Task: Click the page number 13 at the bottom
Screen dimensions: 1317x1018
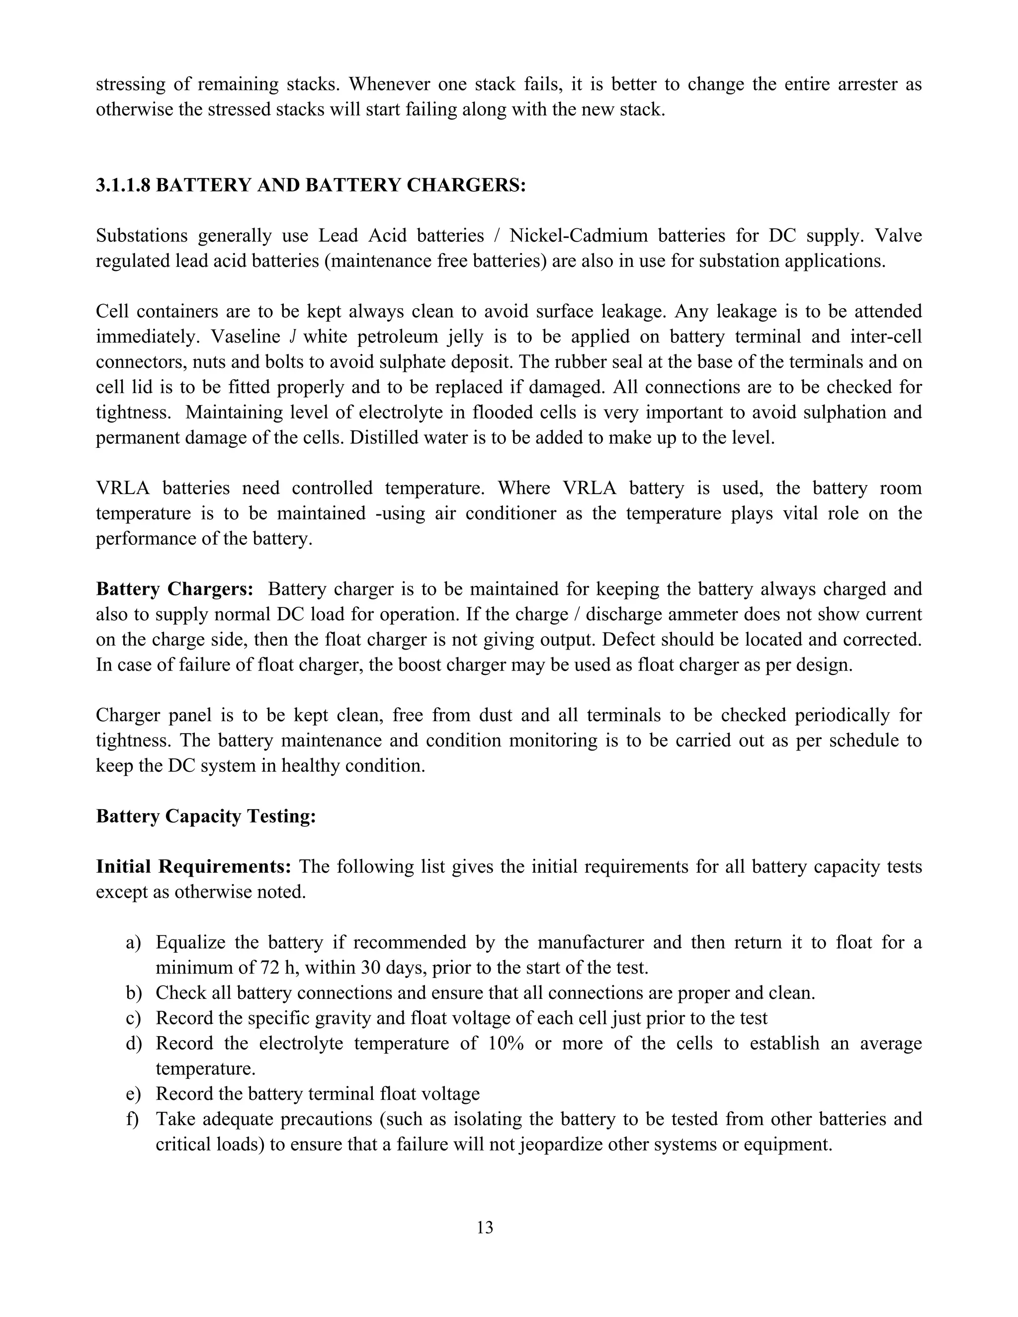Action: coord(484,1227)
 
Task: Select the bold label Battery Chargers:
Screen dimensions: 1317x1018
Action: coord(175,589)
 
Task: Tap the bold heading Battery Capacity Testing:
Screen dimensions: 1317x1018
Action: coord(206,817)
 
